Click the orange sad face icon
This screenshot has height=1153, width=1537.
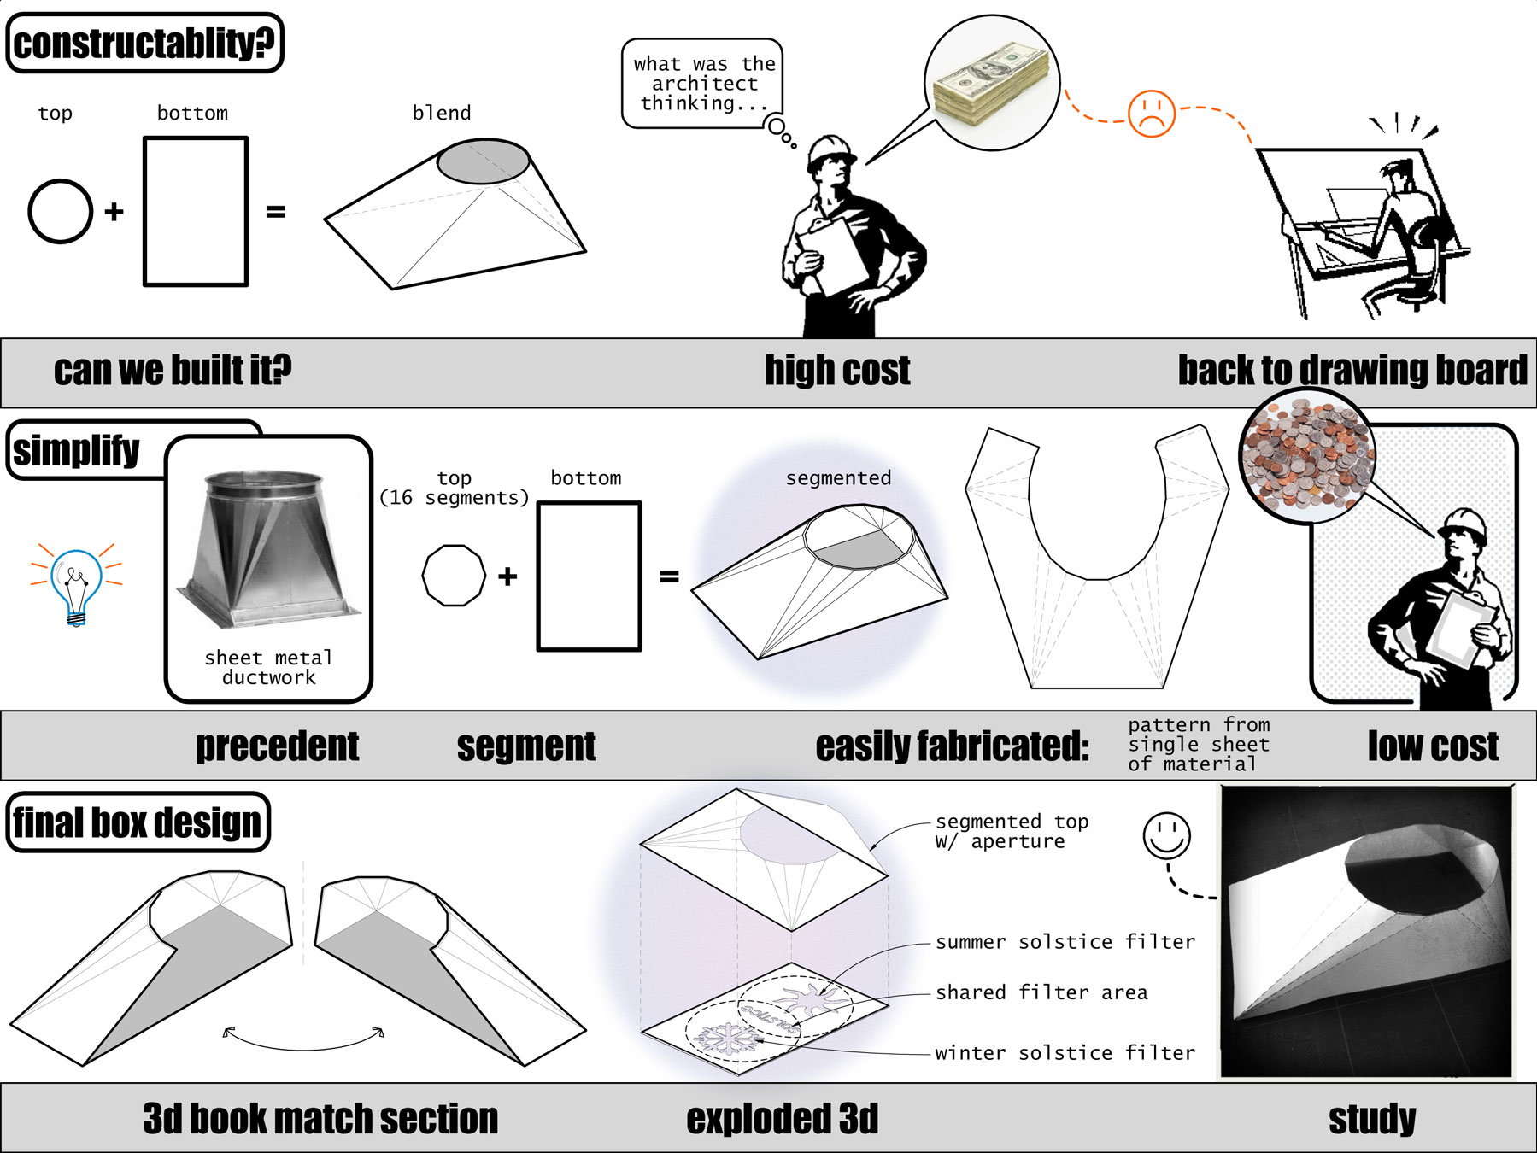(x=1151, y=113)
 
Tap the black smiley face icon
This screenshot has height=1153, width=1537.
(x=1166, y=834)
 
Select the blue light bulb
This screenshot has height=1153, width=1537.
(x=76, y=584)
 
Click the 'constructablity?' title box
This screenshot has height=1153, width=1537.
(x=144, y=43)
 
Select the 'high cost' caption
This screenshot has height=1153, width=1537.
(x=836, y=371)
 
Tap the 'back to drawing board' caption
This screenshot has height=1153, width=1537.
(x=1352, y=371)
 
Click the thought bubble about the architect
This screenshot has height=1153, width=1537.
(x=702, y=83)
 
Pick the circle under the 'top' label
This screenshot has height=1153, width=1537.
(x=60, y=211)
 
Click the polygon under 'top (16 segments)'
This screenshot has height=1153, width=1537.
(x=454, y=576)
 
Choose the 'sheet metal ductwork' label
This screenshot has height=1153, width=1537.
(x=268, y=667)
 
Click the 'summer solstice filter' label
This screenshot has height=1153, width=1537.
(x=1065, y=941)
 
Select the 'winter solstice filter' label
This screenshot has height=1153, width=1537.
(x=1065, y=1052)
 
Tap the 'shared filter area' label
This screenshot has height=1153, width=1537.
(x=1041, y=992)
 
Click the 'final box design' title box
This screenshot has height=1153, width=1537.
(x=138, y=822)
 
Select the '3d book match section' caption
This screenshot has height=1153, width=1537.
(x=320, y=1119)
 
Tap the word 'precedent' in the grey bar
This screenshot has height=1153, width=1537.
(x=277, y=746)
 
